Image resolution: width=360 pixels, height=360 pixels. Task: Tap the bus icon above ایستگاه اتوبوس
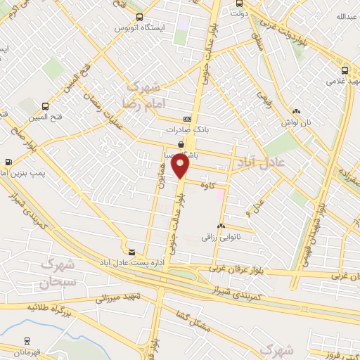(x=139, y=17)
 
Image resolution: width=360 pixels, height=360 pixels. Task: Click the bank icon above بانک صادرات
(x=186, y=119)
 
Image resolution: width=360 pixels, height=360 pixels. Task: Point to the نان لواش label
(x=296, y=122)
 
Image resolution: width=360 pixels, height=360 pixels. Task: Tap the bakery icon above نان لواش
(x=296, y=110)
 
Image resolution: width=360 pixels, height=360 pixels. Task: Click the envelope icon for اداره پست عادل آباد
(x=131, y=251)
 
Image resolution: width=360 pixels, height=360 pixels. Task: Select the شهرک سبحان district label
(x=57, y=275)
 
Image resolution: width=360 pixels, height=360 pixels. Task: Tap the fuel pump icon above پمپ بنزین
(x=8, y=161)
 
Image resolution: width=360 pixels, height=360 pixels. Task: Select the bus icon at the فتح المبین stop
(x=46, y=105)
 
